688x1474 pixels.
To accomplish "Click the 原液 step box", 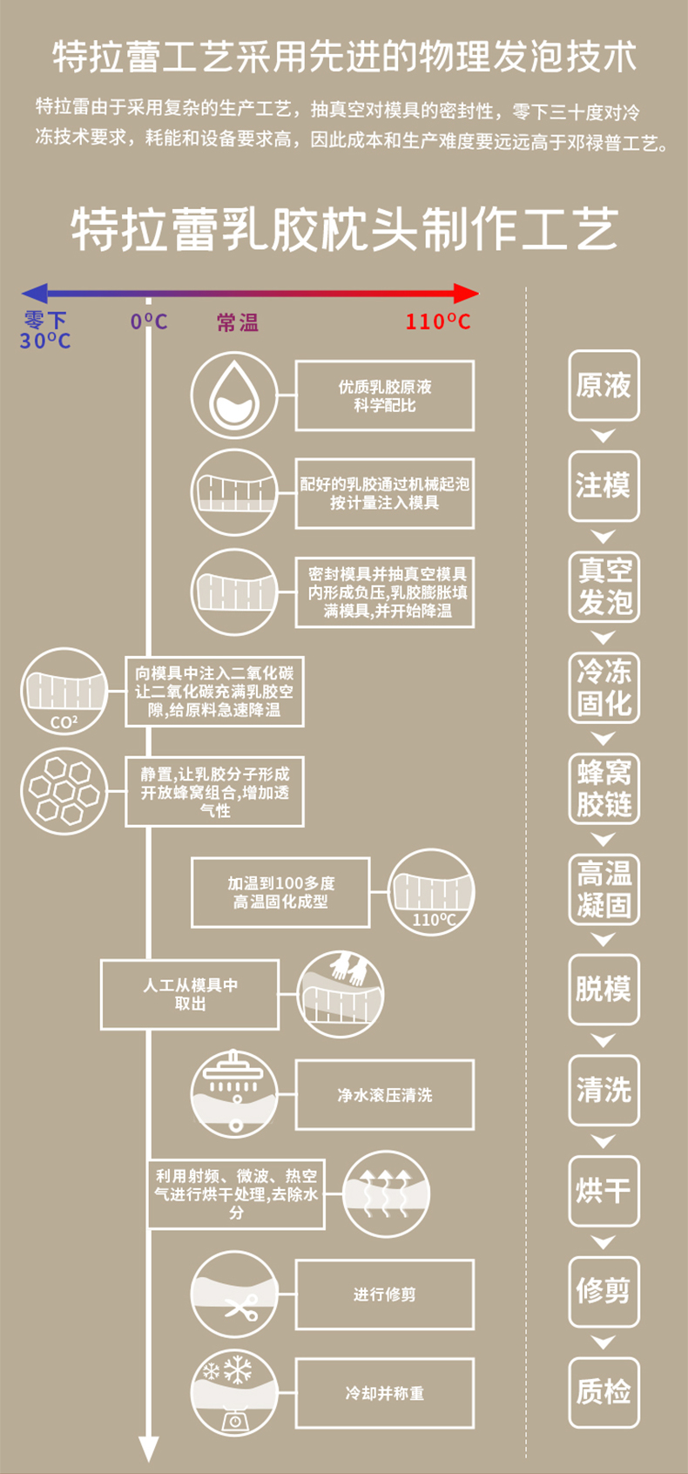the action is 604,385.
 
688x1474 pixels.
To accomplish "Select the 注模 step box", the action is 604,485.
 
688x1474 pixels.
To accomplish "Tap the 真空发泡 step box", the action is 604,586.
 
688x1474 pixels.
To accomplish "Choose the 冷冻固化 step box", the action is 604,687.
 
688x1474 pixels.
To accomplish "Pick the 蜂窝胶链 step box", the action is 604,788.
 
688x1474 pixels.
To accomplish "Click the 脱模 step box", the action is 604,990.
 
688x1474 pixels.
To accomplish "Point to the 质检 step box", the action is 604,1392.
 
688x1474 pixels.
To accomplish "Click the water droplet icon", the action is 234,396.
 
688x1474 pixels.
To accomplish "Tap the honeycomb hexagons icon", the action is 64,790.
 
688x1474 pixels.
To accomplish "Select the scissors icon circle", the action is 234,1295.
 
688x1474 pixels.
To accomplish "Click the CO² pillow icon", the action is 64,691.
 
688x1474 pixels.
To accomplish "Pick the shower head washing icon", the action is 234,1094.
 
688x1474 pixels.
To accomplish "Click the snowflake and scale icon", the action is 234,1394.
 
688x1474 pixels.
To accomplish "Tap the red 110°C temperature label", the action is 437,322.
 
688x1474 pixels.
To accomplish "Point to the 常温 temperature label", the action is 238,323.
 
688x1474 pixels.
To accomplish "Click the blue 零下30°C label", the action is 45,331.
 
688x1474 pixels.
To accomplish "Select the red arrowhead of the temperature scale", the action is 466,294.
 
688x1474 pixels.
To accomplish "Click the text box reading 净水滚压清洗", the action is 385,1095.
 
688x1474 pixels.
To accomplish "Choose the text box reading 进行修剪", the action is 385,1295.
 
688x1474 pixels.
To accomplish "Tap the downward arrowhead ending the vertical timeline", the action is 149,1448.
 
